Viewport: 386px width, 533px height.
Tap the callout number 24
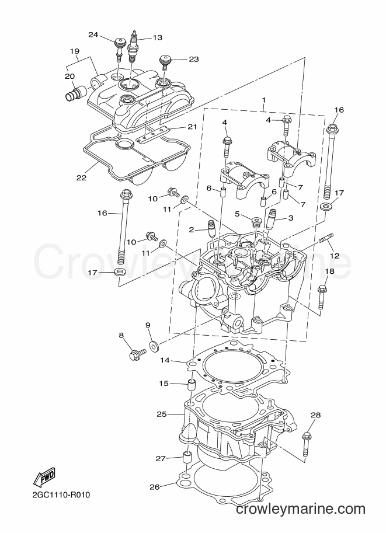click(x=93, y=34)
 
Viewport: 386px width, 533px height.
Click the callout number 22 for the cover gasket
click(x=81, y=177)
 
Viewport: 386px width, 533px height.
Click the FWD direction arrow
click(x=44, y=479)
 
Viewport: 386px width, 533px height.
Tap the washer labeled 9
click(x=155, y=347)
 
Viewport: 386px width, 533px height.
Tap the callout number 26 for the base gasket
click(x=154, y=487)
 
